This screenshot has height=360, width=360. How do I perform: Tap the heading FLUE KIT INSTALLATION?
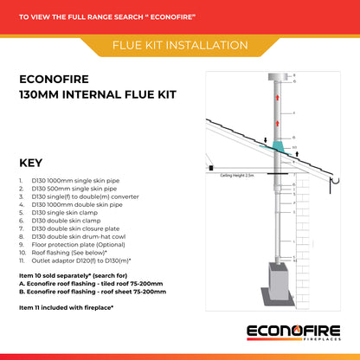pyautogui.click(x=180, y=44)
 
